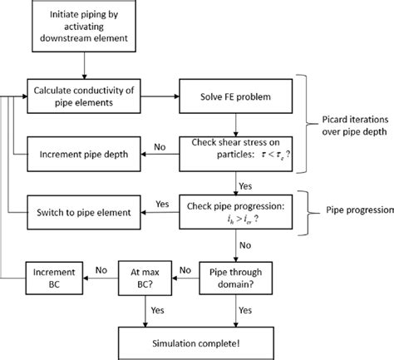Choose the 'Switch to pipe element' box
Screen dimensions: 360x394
tap(79, 213)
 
